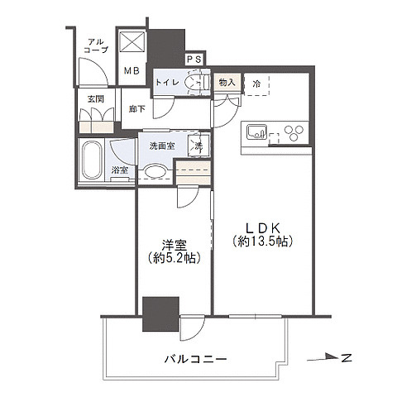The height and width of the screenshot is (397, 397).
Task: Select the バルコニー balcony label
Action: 195,359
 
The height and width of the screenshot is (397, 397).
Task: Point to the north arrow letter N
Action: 347,357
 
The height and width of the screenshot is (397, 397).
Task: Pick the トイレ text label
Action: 169,83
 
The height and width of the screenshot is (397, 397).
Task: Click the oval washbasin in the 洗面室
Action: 154,171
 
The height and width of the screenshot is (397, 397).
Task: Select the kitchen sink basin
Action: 255,132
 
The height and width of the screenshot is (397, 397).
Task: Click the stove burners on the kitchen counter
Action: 290,132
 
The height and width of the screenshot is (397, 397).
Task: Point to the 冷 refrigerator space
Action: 257,84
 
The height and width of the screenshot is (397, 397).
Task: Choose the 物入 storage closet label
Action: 227,83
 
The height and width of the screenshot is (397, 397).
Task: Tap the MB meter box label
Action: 132,71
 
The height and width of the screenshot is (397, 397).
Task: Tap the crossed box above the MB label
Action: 132,42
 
